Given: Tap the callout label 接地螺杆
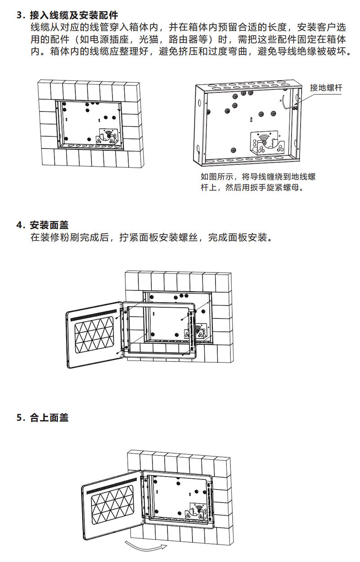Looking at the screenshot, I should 326,88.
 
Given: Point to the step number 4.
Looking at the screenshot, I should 19,225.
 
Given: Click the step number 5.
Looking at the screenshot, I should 19,418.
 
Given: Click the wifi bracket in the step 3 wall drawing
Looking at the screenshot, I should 108,135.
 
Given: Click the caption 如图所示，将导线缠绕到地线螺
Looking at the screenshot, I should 258,176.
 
